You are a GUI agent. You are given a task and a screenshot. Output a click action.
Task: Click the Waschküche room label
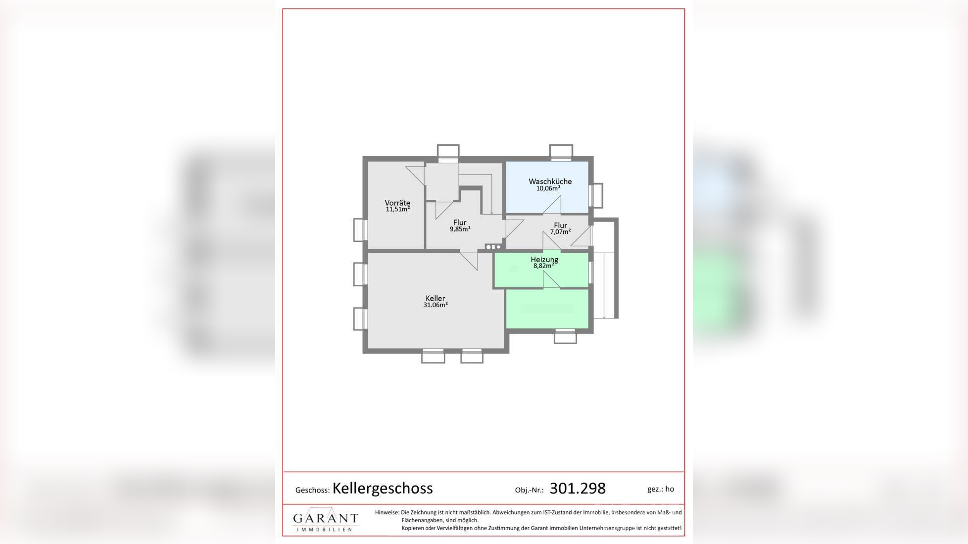pos(550,181)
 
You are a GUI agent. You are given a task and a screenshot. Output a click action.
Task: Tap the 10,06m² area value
pos(548,188)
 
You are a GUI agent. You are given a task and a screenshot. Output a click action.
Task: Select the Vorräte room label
pos(397,203)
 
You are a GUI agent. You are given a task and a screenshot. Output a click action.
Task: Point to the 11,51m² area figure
pos(398,209)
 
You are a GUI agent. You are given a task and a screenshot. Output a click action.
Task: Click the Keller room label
pos(436,298)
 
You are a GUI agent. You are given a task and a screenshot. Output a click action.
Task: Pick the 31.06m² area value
pos(436,305)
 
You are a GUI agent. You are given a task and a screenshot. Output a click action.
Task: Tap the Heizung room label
pos(544,259)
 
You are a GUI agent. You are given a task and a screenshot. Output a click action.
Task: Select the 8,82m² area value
pos(543,266)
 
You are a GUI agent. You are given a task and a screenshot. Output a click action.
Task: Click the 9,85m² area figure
pos(460,229)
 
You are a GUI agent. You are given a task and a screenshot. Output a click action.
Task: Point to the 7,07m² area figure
pos(561,231)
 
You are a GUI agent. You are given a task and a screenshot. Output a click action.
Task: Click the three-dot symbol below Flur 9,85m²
pos(493,247)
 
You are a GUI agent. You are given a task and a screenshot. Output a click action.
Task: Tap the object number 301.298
pos(578,489)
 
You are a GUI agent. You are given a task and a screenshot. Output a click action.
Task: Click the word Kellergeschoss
pos(383,489)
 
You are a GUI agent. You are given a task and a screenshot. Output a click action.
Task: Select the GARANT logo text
pos(326,518)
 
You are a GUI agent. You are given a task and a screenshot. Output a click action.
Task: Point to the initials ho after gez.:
pos(670,489)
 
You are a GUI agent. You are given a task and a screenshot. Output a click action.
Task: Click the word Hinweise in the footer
pos(387,512)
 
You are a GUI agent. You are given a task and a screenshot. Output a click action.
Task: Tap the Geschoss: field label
pos(312,490)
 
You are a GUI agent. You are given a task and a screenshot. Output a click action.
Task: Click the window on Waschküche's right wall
pos(596,195)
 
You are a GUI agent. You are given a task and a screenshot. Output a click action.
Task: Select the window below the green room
pos(565,336)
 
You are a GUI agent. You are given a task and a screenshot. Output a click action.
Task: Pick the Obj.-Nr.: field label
pos(529,490)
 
